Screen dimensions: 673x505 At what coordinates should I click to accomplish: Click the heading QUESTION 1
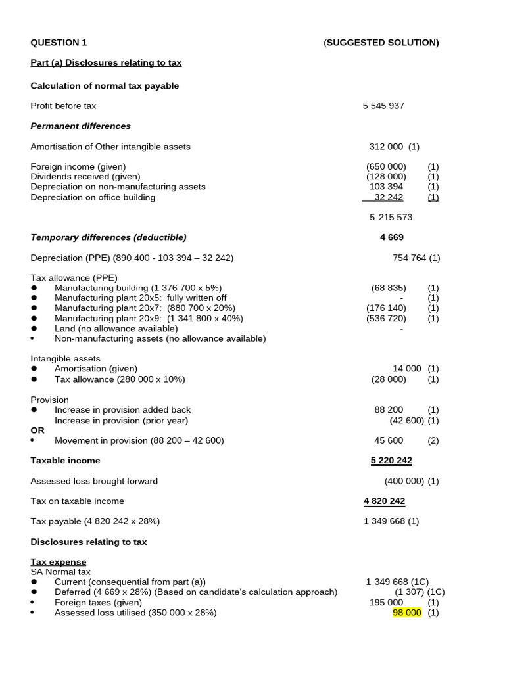pos(59,43)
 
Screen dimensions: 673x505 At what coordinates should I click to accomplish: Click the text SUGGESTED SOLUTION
pos(381,43)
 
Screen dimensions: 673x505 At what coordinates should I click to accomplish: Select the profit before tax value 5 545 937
pos(383,106)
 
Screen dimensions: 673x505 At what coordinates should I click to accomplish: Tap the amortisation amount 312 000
pos(387,147)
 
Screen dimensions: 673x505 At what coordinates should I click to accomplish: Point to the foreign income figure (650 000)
pos(386,167)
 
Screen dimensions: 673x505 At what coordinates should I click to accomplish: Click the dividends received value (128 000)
pos(386,177)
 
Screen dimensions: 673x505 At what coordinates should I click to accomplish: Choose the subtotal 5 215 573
pos(391,217)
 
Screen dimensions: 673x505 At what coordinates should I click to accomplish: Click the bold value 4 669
pos(391,237)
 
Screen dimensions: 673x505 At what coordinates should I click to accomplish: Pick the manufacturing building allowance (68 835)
pos(388,288)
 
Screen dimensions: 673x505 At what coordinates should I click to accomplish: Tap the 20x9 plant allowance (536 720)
pos(386,319)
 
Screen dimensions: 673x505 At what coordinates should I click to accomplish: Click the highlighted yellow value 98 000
pos(406,613)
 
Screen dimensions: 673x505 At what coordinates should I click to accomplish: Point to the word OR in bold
pos(37,430)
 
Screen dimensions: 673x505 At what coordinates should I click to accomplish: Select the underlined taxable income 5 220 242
pos(391,461)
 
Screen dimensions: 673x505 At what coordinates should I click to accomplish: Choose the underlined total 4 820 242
pos(384,501)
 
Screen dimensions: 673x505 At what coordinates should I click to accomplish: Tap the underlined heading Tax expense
pos(59,562)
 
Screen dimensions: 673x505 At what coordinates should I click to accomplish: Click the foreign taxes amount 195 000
pos(386,603)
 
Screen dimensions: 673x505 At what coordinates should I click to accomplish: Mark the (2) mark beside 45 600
pos(433,440)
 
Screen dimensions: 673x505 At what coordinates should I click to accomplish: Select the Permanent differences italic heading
pos(80,126)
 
